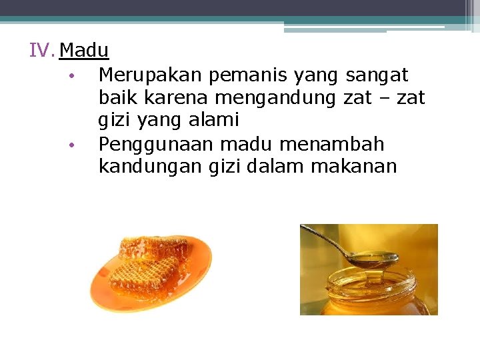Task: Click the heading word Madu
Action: click(x=85, y=51)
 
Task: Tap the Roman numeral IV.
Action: click(x=41, y=51)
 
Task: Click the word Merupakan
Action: click(x=150, y=75)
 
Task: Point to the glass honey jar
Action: click(x=373, y=293)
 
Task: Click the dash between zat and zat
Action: click(x=380, y=99)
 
